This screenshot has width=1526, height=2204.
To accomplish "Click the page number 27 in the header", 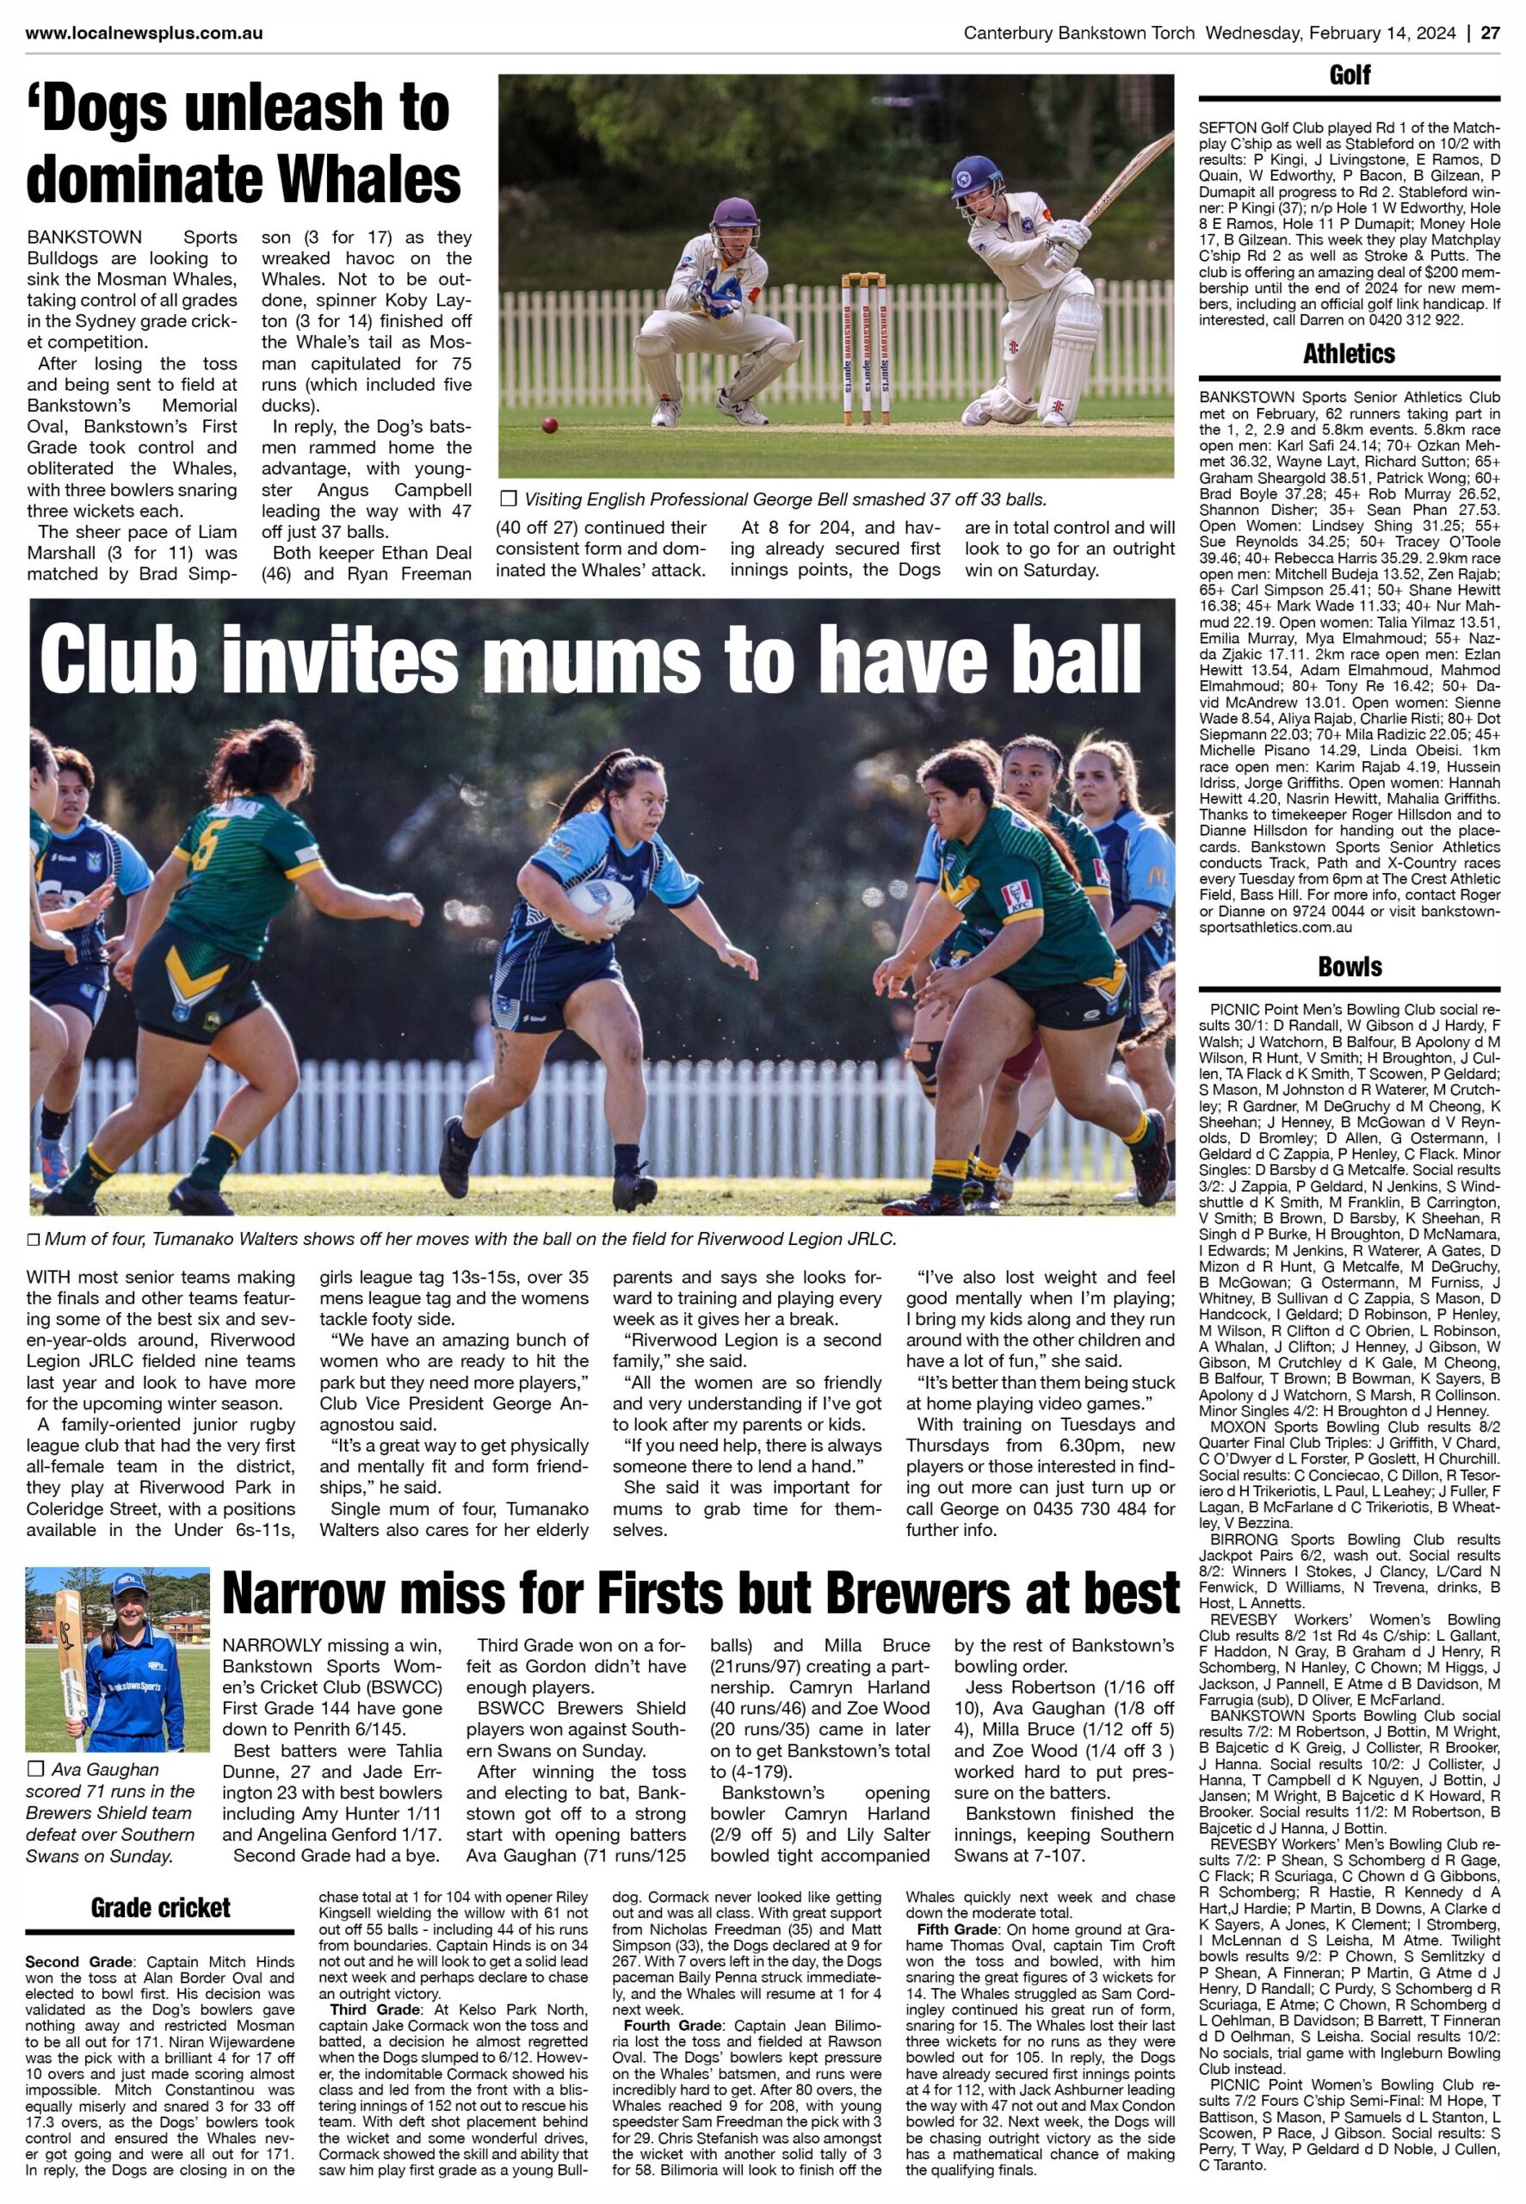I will coord(1489,33).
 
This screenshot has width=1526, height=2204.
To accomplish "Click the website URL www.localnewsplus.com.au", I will coord(145,33).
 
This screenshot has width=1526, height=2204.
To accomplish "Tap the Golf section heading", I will coord(1349,76).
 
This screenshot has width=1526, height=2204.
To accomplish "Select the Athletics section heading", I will coord(1349,354).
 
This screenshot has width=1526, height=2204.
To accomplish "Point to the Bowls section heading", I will coord(1349,966).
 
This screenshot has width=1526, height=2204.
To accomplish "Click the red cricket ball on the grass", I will coord(550,424).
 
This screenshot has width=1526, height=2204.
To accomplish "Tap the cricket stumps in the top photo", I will coord(863,349).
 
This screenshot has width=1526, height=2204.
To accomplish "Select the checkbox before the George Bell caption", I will coord(508,498).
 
